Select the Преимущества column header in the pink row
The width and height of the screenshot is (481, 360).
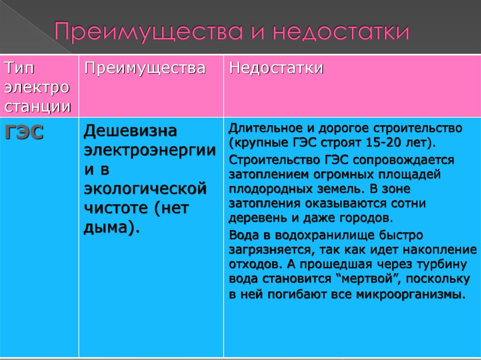145,68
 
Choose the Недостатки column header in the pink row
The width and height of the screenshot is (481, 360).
276,68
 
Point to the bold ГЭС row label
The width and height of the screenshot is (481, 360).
24,133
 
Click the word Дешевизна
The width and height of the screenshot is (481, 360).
130,131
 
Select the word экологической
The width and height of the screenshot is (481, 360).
145,189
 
